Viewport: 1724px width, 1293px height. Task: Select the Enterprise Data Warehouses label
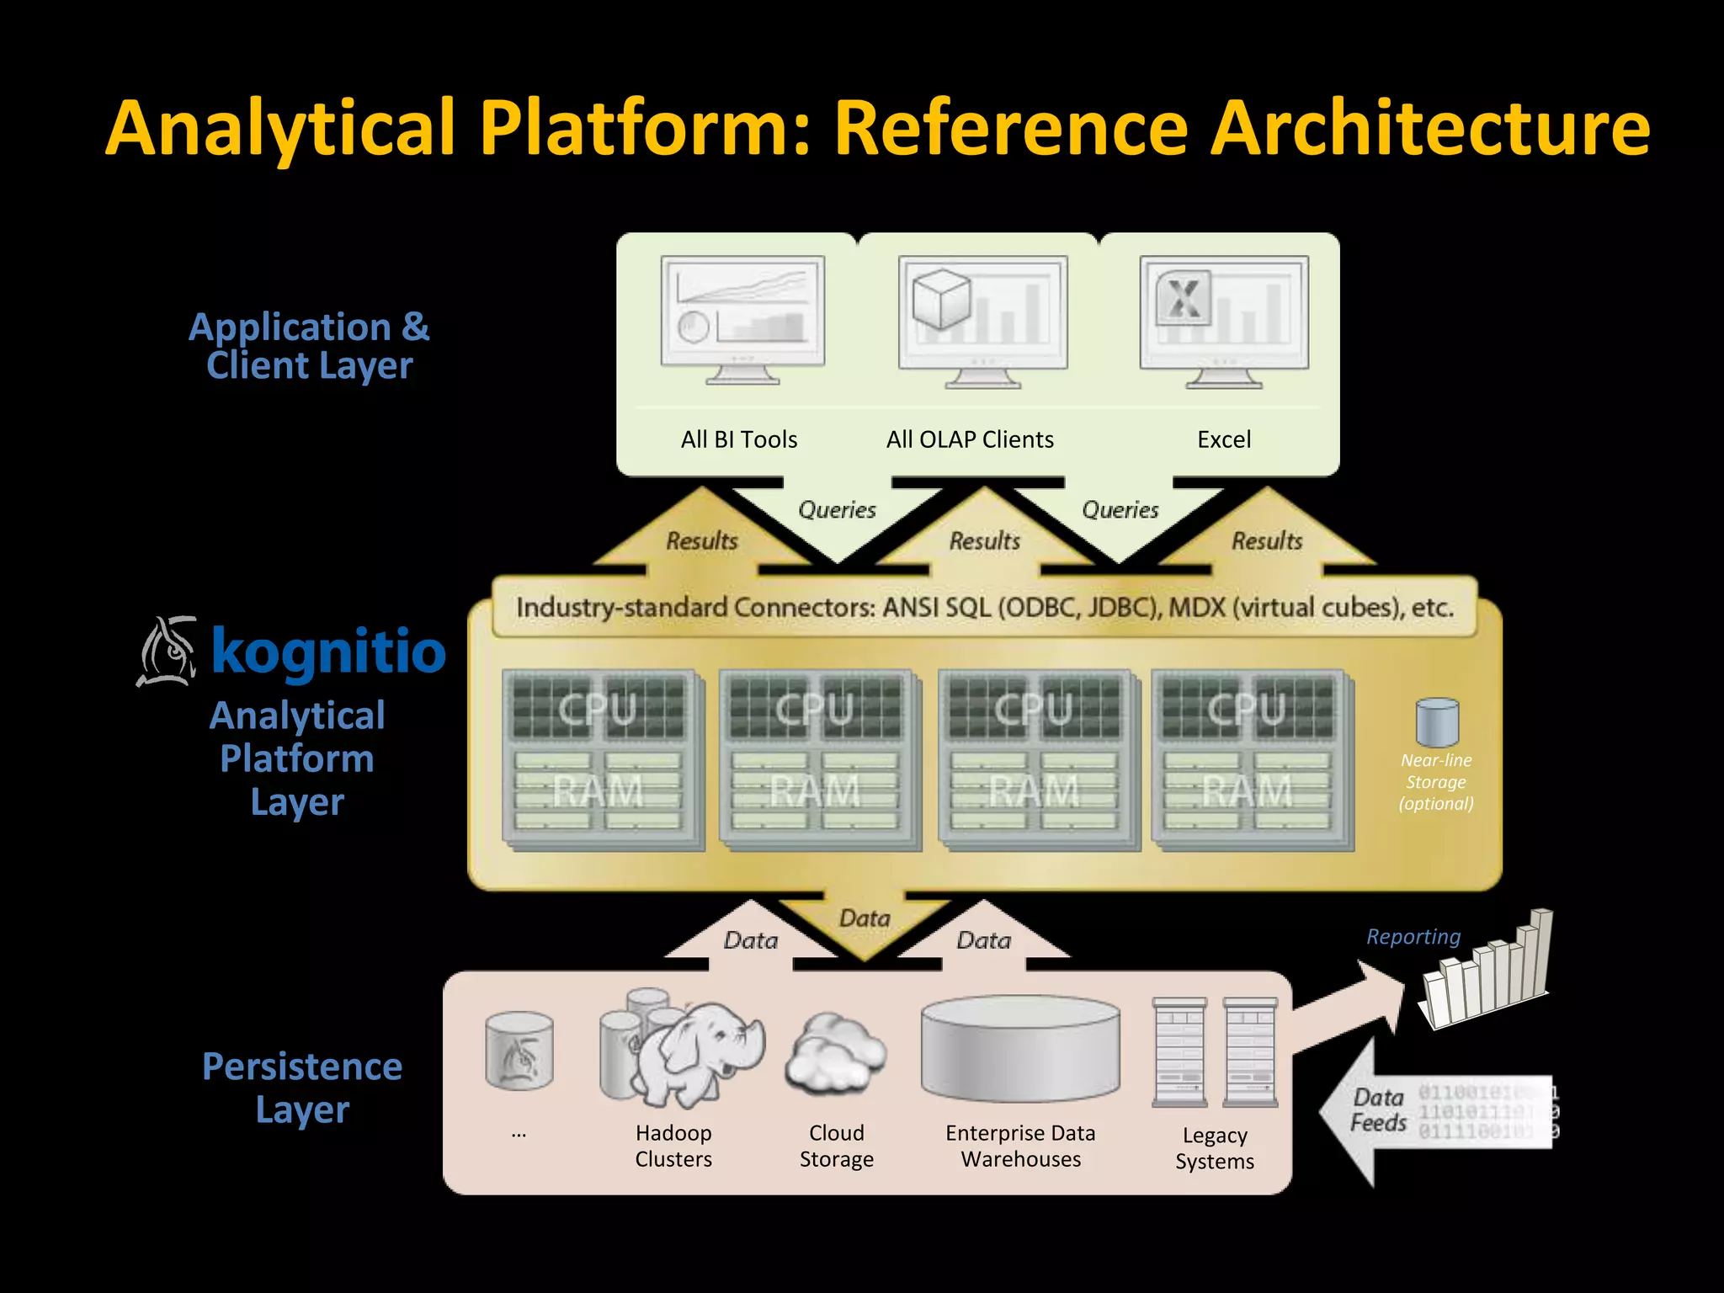1020,1146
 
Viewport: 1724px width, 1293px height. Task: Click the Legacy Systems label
1214,1148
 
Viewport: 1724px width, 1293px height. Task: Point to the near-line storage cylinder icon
1437,721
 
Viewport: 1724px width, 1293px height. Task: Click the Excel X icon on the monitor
1184,297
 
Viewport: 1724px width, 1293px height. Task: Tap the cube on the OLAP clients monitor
941,299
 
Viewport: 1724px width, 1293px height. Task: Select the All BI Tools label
739,439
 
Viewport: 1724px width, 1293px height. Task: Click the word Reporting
1413,936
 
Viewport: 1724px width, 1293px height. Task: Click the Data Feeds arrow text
1379,1109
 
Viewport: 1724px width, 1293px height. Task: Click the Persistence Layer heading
302,1088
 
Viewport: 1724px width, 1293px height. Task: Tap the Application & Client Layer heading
309,346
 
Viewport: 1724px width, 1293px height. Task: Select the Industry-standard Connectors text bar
984,607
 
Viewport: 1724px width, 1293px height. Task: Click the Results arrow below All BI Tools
701,540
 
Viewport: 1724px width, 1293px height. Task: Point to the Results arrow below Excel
1267,540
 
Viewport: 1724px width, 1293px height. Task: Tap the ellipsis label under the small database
519,1134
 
